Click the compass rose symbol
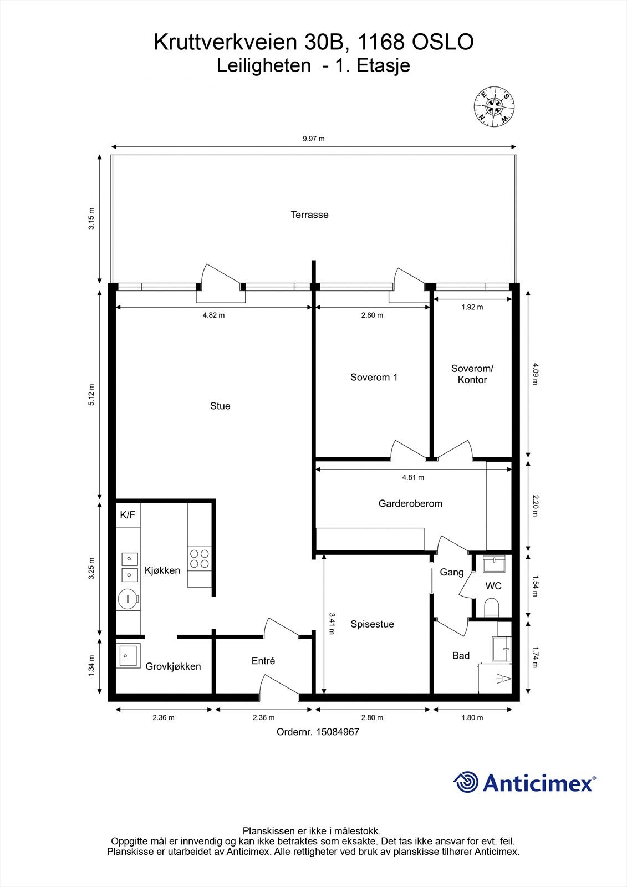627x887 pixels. [494, 106]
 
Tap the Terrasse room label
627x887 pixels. [310, 215]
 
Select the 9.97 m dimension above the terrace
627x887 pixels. [314, 139]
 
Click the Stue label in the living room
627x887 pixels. [220, 406]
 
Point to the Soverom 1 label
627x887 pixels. [374, 377]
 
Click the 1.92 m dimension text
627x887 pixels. [472, 307]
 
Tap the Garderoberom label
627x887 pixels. [410, 503]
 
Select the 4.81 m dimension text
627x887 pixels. [413, 477]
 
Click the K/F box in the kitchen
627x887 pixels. [128, 515]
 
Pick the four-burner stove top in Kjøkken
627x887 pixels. [200, 559]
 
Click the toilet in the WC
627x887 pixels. [492, 608]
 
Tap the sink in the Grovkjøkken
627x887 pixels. [128, 656]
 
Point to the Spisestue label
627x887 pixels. [373, 624]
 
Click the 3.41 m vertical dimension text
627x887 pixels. [332, 624]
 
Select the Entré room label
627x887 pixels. [263, 660]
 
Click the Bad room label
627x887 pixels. [461, 655]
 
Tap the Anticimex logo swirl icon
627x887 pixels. [466, 782]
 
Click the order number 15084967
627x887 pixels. [338, 731]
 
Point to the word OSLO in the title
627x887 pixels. [443, 42]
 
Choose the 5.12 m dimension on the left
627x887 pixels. [91, 395]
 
